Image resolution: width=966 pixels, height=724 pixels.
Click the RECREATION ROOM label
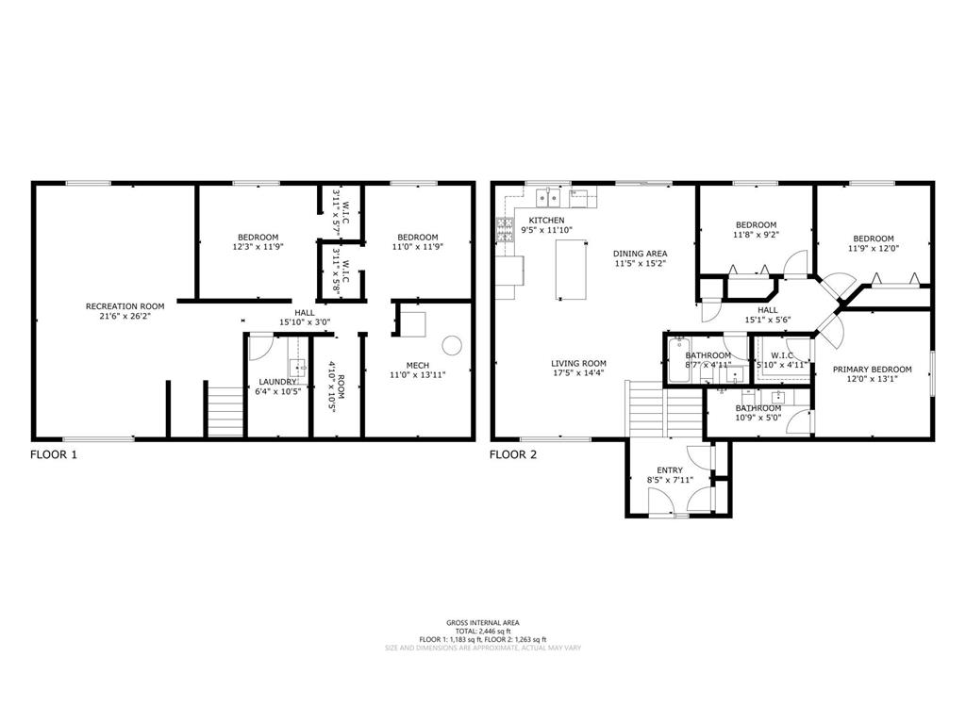(125, 306)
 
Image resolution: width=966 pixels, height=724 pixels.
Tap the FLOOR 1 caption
(54, 454)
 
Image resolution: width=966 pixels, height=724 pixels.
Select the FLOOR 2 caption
(512, 454)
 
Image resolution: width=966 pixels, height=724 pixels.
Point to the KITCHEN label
(546, 220)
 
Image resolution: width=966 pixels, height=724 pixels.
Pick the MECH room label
(418, 365)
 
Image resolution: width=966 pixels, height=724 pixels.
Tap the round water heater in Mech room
(453, 346)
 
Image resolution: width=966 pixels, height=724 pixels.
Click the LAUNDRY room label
(278, 382)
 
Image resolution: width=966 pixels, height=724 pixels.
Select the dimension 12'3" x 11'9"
(258, 247)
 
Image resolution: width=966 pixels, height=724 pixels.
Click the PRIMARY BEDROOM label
(872, 370)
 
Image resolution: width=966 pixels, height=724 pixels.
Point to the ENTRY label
(670, 469)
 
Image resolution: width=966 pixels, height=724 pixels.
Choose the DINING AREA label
(641, 254)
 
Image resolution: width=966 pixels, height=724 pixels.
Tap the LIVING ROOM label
(579, 363)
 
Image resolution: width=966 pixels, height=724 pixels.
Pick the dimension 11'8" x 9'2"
(757, 235)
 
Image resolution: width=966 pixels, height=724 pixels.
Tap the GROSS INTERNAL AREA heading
(482, 622)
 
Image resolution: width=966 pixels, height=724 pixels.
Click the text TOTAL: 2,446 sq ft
(482, 631)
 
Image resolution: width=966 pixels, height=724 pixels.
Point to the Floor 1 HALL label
(304, 312)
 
